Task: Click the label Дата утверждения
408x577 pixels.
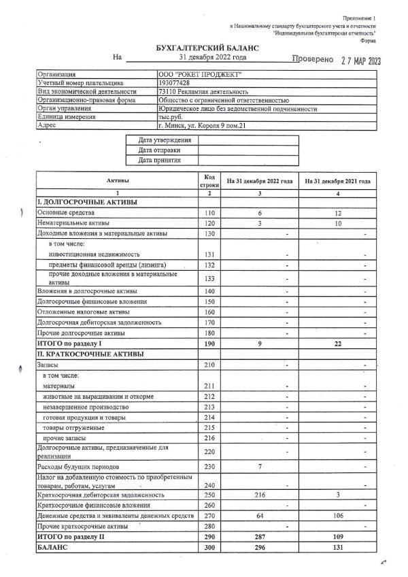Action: pyautogui.click(x=162, y=140)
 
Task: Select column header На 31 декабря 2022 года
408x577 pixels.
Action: pyautogui.click(x=260, y=181)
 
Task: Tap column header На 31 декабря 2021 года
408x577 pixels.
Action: pyautogui.click(x=337, y=181)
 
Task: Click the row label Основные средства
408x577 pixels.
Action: pyautogui.click(x=67, y=213)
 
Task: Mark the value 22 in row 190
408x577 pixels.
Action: pyautogui.click(x=337, y=345)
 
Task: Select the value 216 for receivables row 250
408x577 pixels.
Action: pyautogui.click(x=260, y=495)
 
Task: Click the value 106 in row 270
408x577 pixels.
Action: pyautogui.click(x=337, y=516)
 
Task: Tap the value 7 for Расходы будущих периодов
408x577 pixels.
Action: pyautogui.click(x=260, y=467)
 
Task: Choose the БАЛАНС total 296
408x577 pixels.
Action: pyautogui.click(x=260, y=548)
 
